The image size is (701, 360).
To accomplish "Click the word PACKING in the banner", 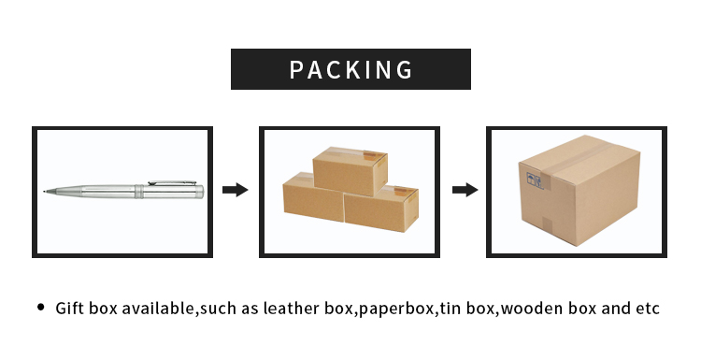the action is [x=350, y=70].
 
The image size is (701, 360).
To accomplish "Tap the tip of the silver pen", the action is [x=44, y=190].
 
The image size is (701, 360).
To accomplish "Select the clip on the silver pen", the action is [x=172, y=182].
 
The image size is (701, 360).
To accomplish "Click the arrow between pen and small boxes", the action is [x=235, y=190].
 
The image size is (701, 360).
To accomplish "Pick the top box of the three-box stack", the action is [x=350, y=170].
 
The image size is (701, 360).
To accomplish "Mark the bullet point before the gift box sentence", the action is [x=40, y=307].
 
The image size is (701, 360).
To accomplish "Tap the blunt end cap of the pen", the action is [x=200, y=192].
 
